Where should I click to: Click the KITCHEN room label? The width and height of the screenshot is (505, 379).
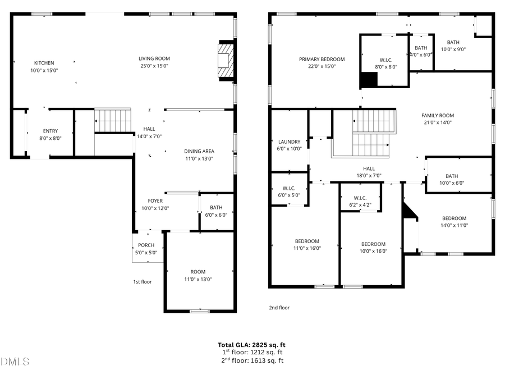pyautogui.click(x=44, y=63)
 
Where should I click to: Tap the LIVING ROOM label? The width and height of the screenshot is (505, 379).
pyautogui.click(x=154, y=58)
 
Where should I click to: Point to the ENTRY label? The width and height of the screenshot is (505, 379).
pyautogui.click(x=50, y=131)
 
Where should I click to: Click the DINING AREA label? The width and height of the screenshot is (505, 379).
pyautogui.click(x=199, y=151)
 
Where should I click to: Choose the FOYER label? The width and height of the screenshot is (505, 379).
pyautogui.click(x=155, y=200)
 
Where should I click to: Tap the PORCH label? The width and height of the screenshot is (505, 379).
pyautogui.click(x=146, y=245)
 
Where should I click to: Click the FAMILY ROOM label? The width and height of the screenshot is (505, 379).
pyautogui.click(x=438, y=116)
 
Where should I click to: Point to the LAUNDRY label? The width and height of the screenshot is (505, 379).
pyautogui.click(x=290, y=141)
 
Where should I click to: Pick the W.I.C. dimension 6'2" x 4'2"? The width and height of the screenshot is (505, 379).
pyautogui.click(x=360, y=205)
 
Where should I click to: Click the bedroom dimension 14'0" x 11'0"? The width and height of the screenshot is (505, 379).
pyautogui.click(x=454, y=225)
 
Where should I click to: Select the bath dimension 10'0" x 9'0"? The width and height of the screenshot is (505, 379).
pyautogui.click(x=453, y=49)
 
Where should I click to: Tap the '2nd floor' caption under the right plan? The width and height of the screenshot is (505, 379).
pyautogui.click(x=279, y=307)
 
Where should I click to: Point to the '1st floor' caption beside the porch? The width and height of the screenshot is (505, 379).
pyautogui.click(x=142, y=282)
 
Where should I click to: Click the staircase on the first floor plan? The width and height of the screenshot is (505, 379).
pyautogui.click(x=112, y=120)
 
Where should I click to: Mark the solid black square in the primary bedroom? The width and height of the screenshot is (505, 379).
pyautogui.click(x=368, y=80)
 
